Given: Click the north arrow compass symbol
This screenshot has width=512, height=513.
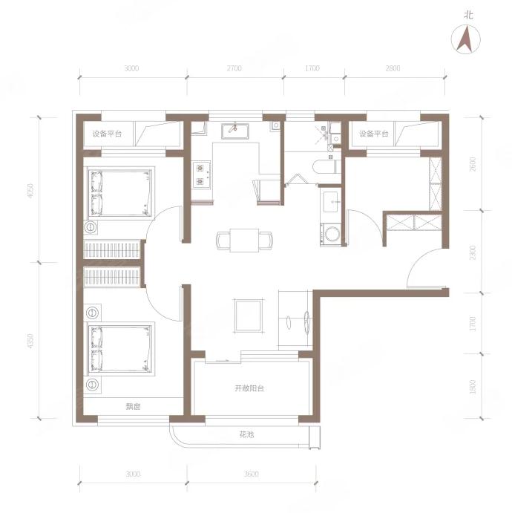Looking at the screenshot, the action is pyautogui.click(x=466, y=39).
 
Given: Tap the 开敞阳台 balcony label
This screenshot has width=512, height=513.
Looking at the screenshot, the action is pyautogui.click(x=249, y=388).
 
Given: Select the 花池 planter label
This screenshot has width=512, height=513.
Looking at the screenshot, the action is pyautogui.click(x=246, y=435).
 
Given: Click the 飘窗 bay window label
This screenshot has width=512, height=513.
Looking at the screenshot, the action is pyautogui.click(x=134, y=406).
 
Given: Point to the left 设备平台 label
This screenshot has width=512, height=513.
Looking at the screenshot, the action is pyautogui.click(x=108, y=134).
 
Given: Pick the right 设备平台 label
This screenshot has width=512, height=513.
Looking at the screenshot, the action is pyautogui.click(x=374, y=134).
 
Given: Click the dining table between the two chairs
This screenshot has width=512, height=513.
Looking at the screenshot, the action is pyautogui.click(x=244, y=241).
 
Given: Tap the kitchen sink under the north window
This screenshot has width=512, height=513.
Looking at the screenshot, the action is pyautogui.click(x=234, y=131).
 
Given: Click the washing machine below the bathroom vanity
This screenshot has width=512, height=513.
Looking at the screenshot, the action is pyautogui.click(x=330, y=235).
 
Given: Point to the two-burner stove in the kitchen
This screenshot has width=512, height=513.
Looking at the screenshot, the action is pyautogui.click(x=201, y=174).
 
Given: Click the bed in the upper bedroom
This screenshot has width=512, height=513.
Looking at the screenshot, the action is pyautogui.click(x=119, y=193).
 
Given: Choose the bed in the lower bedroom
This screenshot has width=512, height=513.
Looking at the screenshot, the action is pyautogui.click(x=119, y=349).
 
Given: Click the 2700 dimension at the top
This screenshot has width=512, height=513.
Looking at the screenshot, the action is pyautogui.click(x=234, y=68).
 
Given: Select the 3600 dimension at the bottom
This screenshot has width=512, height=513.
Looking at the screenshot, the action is pyautogui.click(x=251, y=474).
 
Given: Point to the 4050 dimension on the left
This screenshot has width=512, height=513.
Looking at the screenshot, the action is pyautogui.click(x=30, y=190).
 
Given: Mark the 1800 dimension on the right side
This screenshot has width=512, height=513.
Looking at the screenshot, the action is pyautogui.click(x=473, y=387).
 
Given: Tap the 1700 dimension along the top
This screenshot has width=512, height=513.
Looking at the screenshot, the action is pyautogui.click(x=312, y=68).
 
